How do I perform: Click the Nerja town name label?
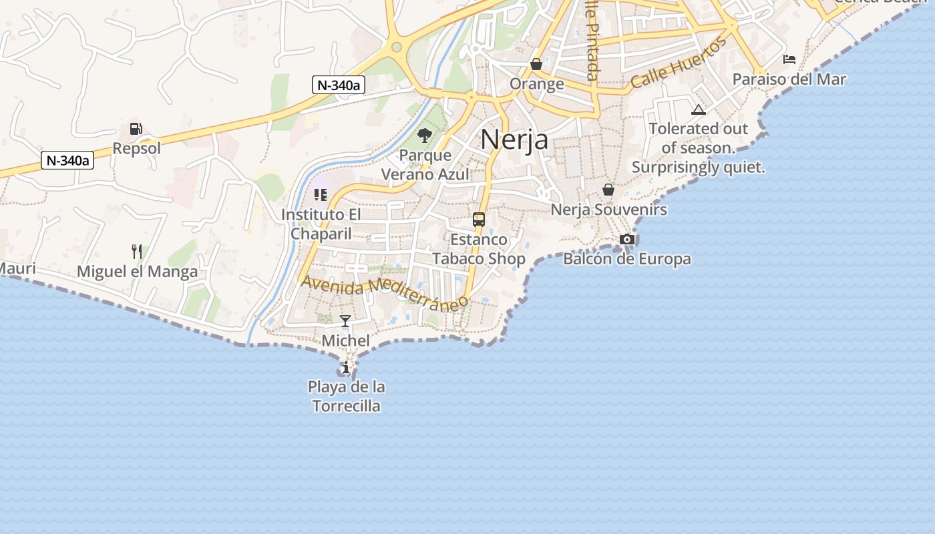tap(514, 140)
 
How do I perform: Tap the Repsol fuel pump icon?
tap(136, 129)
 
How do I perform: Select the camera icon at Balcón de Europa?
tap(626, 239)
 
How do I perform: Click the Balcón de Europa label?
tap(626, 258)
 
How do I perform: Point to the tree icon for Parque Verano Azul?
tap(424, 136)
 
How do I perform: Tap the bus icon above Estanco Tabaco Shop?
tap(479, 219)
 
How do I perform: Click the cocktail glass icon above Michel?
tap(345, 321)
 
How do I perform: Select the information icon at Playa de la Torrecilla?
tap(345, 367)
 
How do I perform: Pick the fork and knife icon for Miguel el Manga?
tap(137, 252)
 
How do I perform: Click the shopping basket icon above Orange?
tap(536, 64)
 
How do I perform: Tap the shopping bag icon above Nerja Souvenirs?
tap(608, 190)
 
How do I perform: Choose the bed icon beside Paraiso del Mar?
tap(789, 59)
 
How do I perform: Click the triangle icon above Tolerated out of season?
tap(699, 109)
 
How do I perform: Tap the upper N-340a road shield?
tap(339, 85)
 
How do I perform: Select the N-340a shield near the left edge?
tap(67, 160)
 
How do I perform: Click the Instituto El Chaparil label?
tap(321, 224)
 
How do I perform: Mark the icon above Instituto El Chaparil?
tap(321, 195)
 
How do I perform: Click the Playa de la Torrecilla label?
tap(347, 396)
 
